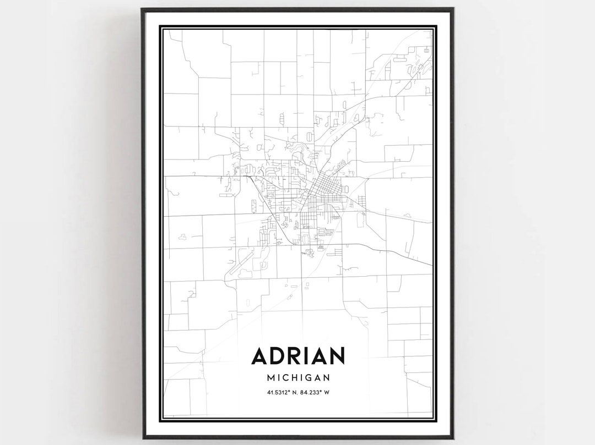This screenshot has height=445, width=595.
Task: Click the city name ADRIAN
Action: (x=298, y=356)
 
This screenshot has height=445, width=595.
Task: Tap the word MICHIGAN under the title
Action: (x=298, y=378)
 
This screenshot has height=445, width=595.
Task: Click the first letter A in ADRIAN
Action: (x=260, y=356)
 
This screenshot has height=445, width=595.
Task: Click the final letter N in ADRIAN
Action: (x=337, y=356)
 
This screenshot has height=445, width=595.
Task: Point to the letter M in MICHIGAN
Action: (x=270, y=378)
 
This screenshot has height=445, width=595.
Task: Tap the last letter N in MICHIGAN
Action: (x=327, y=378)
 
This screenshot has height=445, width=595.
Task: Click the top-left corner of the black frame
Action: (x=142, y=9)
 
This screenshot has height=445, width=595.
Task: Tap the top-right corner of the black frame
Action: (x=453, y=9)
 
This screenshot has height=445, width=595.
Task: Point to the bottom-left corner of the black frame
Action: (x=143, y=438)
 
